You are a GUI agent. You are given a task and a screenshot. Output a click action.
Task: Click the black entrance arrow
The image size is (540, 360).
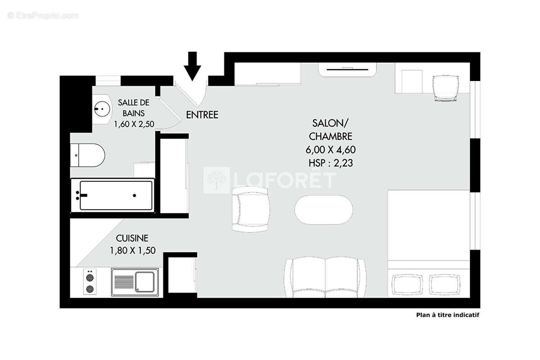coord(193,65)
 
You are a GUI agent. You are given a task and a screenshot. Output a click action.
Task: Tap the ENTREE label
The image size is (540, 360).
coord(202,115)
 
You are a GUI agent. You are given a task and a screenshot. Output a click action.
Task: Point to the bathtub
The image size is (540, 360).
coord(112,195)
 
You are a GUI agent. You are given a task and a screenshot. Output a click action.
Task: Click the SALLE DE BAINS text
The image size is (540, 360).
coord(133,108)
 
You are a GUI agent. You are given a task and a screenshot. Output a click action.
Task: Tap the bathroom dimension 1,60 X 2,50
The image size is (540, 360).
coord(133,125)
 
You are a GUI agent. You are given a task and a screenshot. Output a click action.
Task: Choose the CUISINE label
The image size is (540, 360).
coord(132,238)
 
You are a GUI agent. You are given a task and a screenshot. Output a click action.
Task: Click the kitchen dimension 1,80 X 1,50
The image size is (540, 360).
coord(132,251)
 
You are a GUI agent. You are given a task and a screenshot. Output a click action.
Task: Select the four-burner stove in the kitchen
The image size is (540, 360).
coord(90,282)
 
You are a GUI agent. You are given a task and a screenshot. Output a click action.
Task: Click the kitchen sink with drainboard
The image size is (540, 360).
coord(135,282)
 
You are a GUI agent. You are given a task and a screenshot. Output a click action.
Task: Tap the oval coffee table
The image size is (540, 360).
coord(324,210)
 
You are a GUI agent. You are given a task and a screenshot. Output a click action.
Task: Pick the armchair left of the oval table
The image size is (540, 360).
coord(251,209)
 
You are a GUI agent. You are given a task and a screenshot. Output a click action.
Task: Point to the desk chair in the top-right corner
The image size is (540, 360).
coord(446,87)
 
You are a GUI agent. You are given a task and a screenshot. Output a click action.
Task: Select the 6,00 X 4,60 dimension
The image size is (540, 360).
coord(330,149)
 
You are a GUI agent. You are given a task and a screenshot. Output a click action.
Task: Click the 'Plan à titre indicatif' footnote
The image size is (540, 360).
coord(447,315)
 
